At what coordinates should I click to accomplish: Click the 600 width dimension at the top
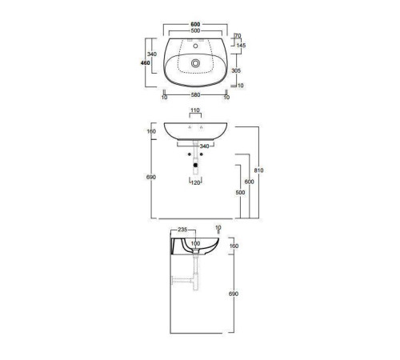194,23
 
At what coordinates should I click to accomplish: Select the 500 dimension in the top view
194,32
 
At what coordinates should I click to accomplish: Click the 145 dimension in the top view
240,45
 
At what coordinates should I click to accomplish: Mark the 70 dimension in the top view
238,36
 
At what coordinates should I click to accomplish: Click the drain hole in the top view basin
195,60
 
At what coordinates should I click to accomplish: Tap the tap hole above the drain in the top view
195,46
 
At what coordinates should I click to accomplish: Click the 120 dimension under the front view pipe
194,182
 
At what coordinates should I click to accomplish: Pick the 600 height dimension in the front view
250,182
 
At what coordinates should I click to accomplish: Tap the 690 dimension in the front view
151,177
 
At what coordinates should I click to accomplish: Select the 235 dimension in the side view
182,230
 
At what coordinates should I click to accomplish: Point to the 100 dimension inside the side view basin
194,243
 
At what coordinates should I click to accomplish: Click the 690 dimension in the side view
234,294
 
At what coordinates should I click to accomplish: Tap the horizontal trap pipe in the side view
182,281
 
